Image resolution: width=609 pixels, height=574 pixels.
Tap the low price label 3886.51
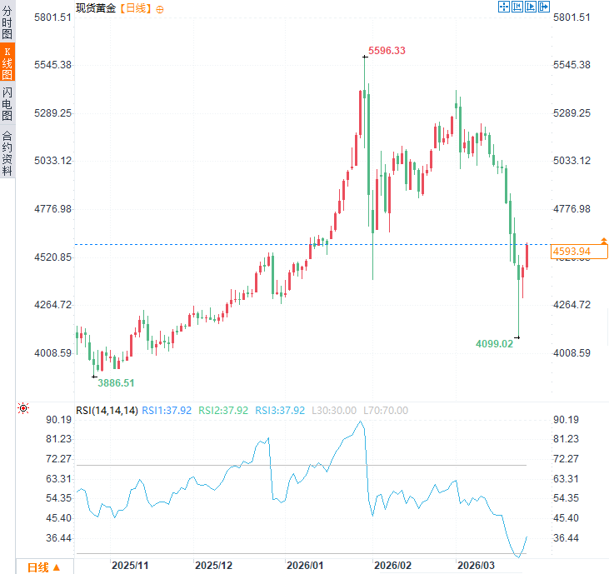pyautogui.click(x=116, y=382)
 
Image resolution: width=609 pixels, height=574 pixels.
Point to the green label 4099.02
pyautogui.click(x=494, y=343)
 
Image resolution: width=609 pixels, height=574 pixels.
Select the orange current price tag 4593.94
pyautogui.click(x=572, y=251)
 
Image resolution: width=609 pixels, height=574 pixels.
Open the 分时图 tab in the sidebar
pyautogui.click(x=7, y=22)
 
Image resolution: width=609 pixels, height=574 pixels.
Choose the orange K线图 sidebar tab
pyautogui.click(x=7, y=62)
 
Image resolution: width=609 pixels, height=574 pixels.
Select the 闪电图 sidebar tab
pyautogui.click(x=7, y=103)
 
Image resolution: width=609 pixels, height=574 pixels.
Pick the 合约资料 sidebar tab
pyautogui.click(x=7, y=153)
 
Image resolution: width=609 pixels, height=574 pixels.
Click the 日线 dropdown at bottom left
pyautogui.click(x=43, y=567)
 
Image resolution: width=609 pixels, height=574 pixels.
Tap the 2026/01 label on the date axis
pyautogui.click(x=305, y=565)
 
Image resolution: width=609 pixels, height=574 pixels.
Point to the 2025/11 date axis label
pyautogui.click(x=130, y=565)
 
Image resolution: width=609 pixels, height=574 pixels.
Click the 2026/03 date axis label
pyautogui.click(x=477, y=565)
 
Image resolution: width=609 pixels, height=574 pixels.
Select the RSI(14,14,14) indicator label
pyautogui.click(x=107, y=410)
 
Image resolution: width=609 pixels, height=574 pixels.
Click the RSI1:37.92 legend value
pyautogui.click(x=167, y=410)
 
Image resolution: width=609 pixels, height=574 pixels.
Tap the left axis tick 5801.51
pyautogui.click(x=52, y=17)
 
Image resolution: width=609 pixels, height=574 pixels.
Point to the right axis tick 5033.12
pyautogui.click(x=572, y=161)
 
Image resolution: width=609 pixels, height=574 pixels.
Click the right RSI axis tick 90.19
pyautogui.click(x=566, y=419)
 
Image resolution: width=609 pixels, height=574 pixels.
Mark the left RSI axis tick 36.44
pyautogui.click(x=57, y=538)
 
